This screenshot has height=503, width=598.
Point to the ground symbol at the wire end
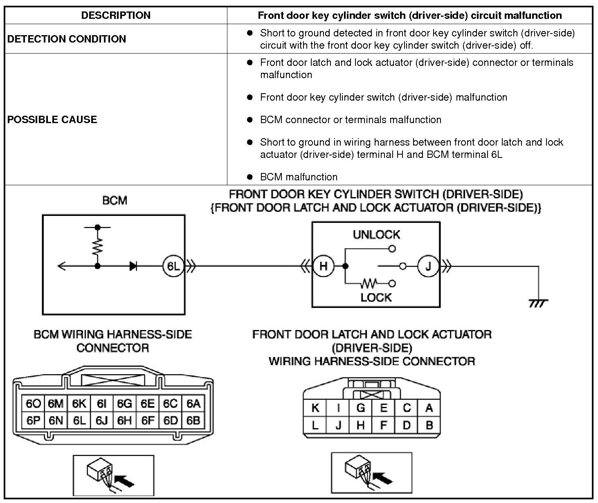pyautogui.click(x=538, y=303)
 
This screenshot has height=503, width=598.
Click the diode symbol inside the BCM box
pyautogui.click(x=133, y=266)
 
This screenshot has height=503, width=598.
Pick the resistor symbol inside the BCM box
pyautogui.click(x=97, y=247)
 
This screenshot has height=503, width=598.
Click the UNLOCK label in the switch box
pyautogui.click(x=376, y=235)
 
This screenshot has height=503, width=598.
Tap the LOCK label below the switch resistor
pyautogui.click(x=376, y=297)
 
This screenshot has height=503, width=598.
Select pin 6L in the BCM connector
pyautogui.click(x=79, y=420)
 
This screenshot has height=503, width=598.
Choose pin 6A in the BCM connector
pyautogui.click(x=193, y=404)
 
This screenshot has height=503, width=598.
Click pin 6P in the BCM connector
pyautogui.click(x=33, y=420)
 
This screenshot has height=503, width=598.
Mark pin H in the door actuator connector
pyautogui.click(x=361, y=425)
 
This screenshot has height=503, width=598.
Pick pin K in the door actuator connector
pyautogui.click(x=315, y=408)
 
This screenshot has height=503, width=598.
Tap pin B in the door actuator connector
pyautogui.click(x=429, y=425)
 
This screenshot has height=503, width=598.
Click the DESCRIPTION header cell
pyautogui.click(x=116, y=15)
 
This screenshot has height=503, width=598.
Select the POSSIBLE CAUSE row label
pyautogui.click(x=52, y=119)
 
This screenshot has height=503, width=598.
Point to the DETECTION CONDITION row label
pyautogui.click(x=66, y=39)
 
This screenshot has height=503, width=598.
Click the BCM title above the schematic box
pyautogui.click(x=115, y=200)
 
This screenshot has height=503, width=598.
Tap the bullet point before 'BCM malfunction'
pyautogui.click(x=250, y=177)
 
